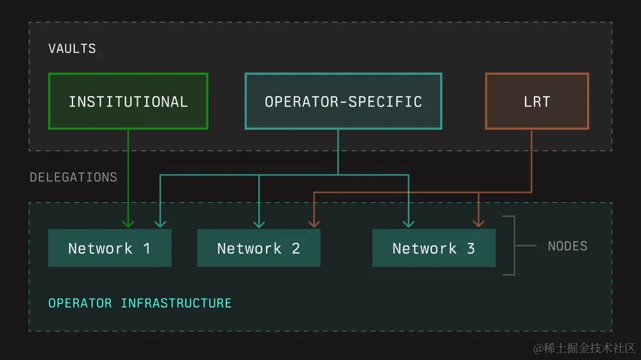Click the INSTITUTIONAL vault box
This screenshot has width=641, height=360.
[x=128, y=101]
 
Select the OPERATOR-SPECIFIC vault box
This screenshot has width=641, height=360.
[x=343, y=101]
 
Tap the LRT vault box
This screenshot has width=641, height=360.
[x=537, y=101]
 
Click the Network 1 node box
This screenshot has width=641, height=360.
[x=109, y=248]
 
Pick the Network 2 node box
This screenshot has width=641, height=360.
[x=258, y=248]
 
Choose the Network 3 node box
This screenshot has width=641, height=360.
[x=433, y=248]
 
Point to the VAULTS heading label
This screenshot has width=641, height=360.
[x=72, y=49]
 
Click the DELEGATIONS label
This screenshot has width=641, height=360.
[x=73, y=177]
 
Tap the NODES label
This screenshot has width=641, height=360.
[x=567, y=246]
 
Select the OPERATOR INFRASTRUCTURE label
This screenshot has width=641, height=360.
[x=140, y=302]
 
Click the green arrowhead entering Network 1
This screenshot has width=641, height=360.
[x=128, y=223]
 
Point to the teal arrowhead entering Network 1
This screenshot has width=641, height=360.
[x=160, y=223]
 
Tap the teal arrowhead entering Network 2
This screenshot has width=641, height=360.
[x=259, y=223]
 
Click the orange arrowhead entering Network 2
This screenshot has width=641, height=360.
[x=313, y=223]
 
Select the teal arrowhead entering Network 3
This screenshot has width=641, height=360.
[x=408, y=223]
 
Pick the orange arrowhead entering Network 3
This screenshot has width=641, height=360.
[x=478, y=223]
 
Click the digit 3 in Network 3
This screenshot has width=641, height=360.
[x=471, y=249]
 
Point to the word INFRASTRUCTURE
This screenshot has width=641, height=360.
[x=176, y=302]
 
